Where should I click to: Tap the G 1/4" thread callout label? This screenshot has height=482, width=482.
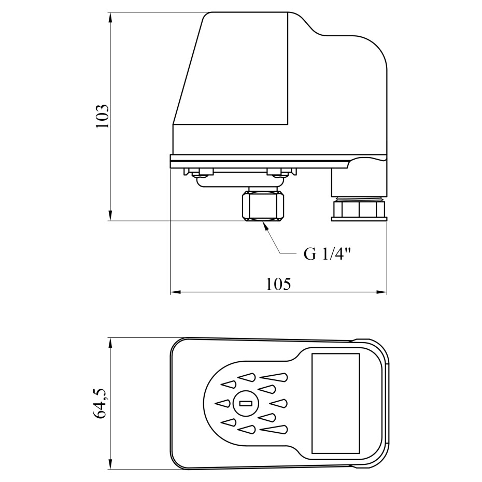tap(327, 254)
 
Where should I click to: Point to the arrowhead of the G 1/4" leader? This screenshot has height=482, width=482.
tap(265, 226)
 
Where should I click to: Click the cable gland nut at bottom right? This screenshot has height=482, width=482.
tap(359, 210)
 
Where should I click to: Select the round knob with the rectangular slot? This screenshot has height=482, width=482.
tap(245, 403)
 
